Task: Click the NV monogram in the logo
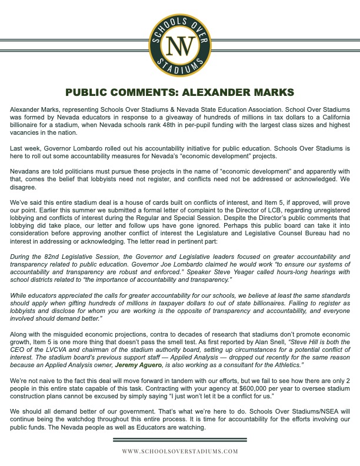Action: click(180, 46)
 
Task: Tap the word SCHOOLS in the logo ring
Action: click(180, 22)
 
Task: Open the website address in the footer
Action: click(180, 451)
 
